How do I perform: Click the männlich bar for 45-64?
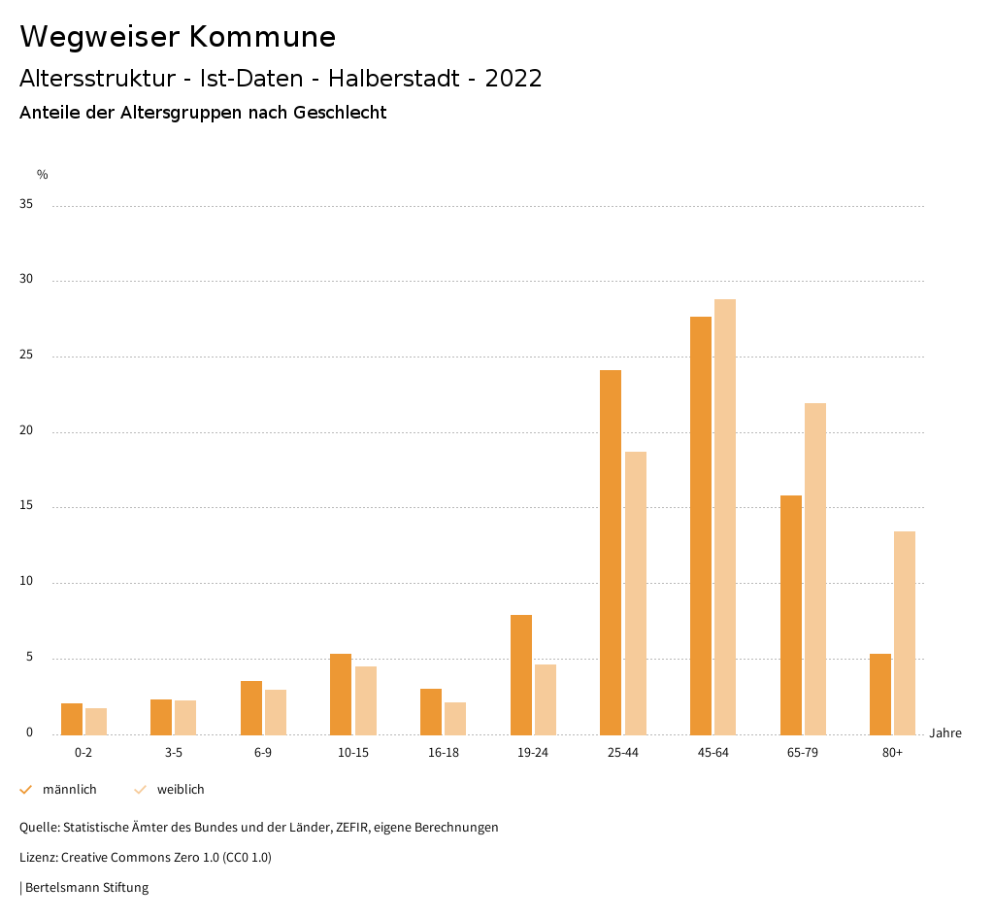pyautogui.click(x=701, y=526)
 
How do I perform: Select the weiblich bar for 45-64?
pyautogui.click(x=725, y=517)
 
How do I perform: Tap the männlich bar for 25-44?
pyautogui.click(x=611, y=552)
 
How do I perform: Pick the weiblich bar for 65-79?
pyautogui.click(x=815, y=568)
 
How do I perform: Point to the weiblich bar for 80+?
pyautogui.click(x=905, y=632)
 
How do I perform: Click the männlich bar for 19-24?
pyautogui.click(x=521, y=674)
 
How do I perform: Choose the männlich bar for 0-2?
pyautogui.click(x=72, y=719)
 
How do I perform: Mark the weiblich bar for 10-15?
pyautogui.click(x=366, y=700)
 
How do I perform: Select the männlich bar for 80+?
pyautogui.click(x=880, y=694)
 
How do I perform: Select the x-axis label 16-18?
pyautogui.click(x=443, y=753)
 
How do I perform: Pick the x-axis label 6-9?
pyautogui.click(x=263, y=753)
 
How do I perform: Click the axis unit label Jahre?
pyautogui.click(x=945, y=733)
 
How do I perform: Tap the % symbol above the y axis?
pyautogui.click(x=43, y=175)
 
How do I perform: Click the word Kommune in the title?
pyautogui.click(x=262, y=37)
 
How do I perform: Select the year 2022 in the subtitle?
pyautogui.click(x=514, y=79)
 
